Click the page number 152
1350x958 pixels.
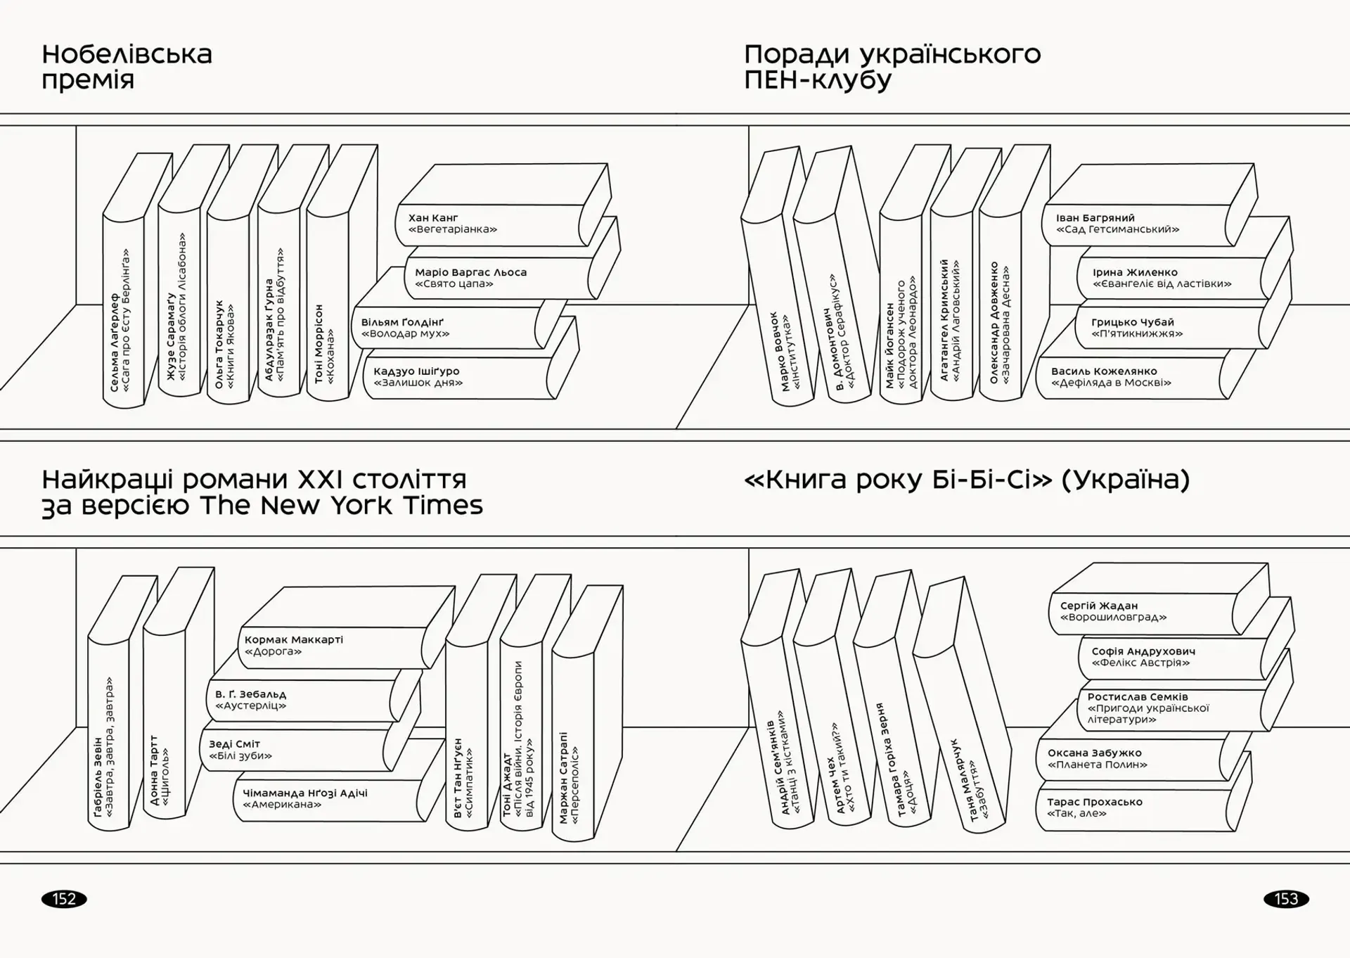[64, 899]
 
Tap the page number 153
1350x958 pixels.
[1286, 899]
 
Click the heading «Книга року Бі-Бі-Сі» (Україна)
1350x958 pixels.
[966, 480]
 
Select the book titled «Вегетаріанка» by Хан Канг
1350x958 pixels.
[485, 224]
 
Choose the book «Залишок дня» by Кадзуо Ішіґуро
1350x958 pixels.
[450, 378]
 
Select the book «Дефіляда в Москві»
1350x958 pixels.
[1125, 378]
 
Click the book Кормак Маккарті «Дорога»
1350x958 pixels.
[330, 646]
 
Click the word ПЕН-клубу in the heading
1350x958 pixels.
[818, 80]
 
